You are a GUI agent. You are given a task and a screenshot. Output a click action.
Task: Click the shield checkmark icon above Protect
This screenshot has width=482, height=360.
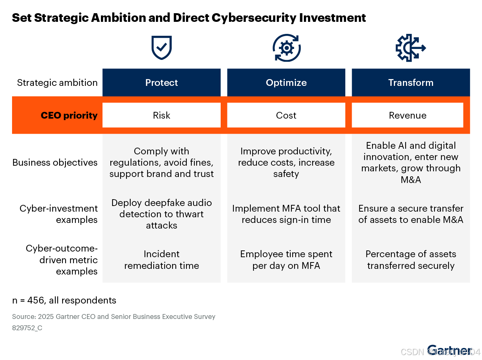click(162, 48)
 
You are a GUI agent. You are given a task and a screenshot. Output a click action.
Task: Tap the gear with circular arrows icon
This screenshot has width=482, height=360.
click(287, 48)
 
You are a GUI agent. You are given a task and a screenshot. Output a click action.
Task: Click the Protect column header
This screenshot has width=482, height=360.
click(162, 82)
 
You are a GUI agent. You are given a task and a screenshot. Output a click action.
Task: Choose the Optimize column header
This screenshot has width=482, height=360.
click(286, 82)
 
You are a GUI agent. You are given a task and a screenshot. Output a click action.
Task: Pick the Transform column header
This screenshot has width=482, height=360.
click(411, 82)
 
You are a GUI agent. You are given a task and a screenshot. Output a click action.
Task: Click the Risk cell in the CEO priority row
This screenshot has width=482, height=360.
click(162, 115)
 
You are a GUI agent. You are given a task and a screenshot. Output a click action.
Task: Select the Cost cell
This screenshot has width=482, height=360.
click(286, 115)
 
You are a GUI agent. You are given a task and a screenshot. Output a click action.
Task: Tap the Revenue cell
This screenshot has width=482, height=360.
click(407, 115)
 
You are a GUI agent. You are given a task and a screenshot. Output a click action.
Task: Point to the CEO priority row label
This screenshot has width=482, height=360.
click(69, 115)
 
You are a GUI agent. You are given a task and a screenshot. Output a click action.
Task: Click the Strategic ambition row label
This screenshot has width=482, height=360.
click(57, 82)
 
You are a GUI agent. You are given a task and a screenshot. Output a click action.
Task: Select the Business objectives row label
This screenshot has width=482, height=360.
click(55, 162)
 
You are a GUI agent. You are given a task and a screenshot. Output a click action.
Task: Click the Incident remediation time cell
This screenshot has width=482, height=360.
click(162, 260)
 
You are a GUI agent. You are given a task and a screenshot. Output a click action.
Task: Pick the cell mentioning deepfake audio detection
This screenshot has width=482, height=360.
click(162, 214)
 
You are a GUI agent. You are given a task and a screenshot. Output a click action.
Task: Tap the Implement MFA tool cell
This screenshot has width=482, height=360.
click(286, 214)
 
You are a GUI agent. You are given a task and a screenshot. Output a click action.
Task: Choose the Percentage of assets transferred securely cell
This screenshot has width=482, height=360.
click(411, 260)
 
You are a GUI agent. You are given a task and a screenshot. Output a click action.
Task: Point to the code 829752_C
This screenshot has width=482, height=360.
click(27, 328)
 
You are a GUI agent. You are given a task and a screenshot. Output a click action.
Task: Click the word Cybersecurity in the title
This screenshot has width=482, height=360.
click(254, 18)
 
